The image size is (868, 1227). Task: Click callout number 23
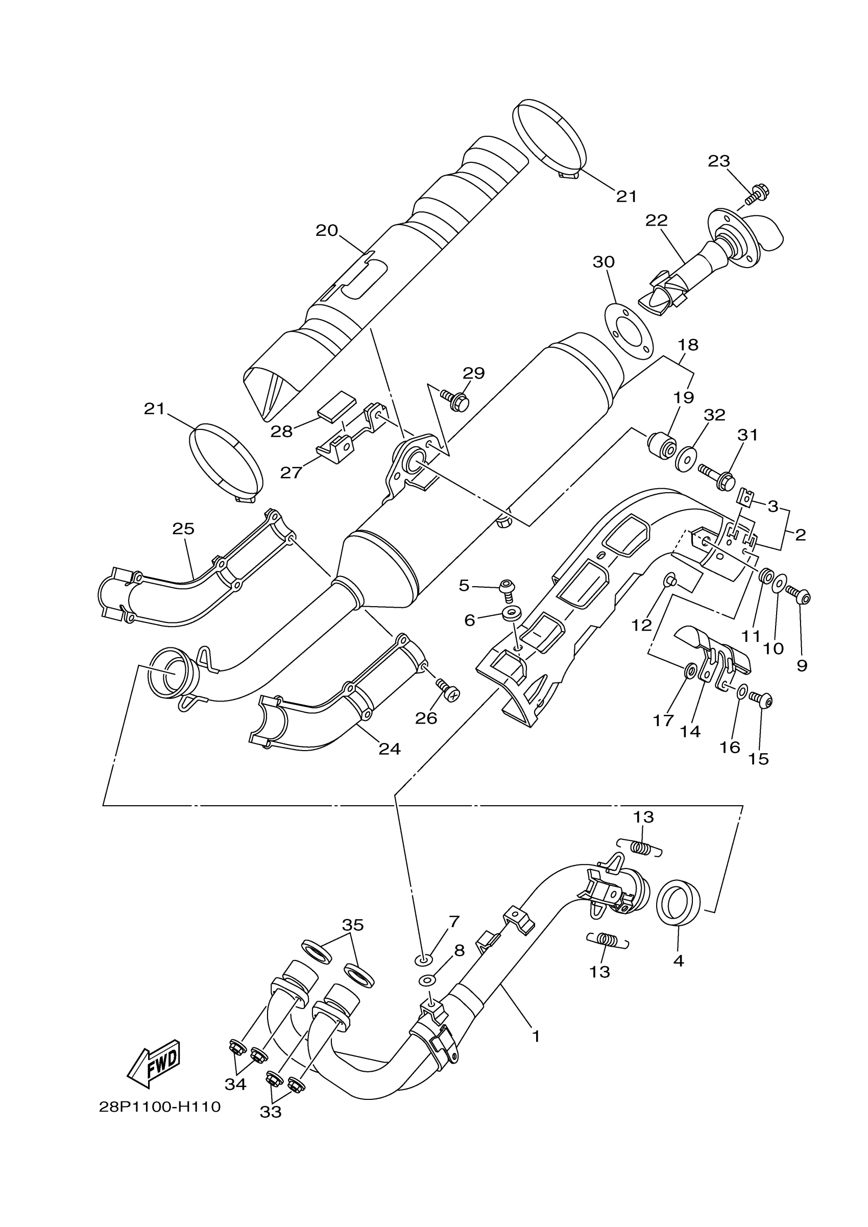click(719, 161)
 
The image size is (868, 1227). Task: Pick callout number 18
click(688, 345)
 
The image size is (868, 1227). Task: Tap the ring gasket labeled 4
click(678, 905)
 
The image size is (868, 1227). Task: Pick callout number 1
click(536, 1037)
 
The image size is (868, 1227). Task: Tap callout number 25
click(183, 528)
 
